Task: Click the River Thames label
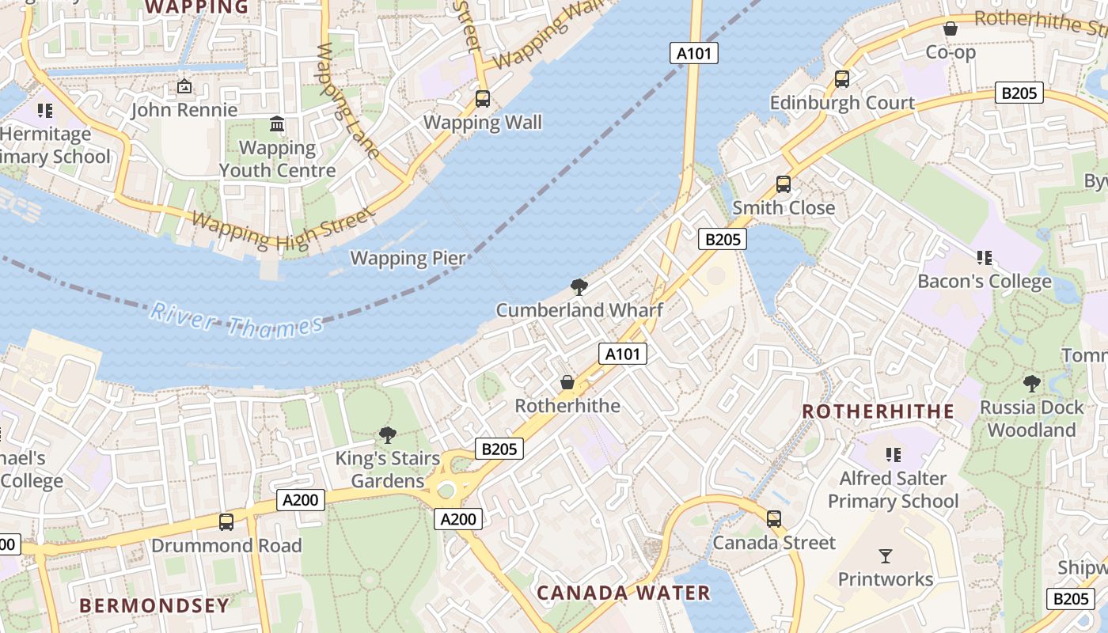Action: click(x=236, y=320)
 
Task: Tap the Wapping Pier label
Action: click(x=408, y=258)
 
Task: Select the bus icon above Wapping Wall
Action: click(x=482, y=99)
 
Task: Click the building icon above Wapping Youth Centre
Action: click(x=277, y=124)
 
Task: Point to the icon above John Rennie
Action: click(x=184, y=86)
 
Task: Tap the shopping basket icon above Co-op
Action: click(x=951, y=29)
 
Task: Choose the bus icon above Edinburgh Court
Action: click(x=842, y=79)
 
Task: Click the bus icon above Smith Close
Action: click(x=784, y=184)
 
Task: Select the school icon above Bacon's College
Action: click(x=985, y=257)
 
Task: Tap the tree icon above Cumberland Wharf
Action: click(x=579, y=286)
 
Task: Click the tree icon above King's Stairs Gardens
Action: click(x=387, y=434)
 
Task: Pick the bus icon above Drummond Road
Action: click(x=226, y=522)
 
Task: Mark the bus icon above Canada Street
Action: click(x=774, y=519)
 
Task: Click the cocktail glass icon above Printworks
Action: click(x=886, y=555)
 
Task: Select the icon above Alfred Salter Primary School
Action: click(x=894, y=454)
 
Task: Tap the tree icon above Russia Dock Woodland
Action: click(x=1032, y=384)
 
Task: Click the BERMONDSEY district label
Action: click(x=154, y=606)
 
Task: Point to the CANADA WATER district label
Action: click(x=624, y=593)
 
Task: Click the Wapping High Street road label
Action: click(x=281, y=229)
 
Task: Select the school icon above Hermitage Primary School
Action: click(x=45, y=110)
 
